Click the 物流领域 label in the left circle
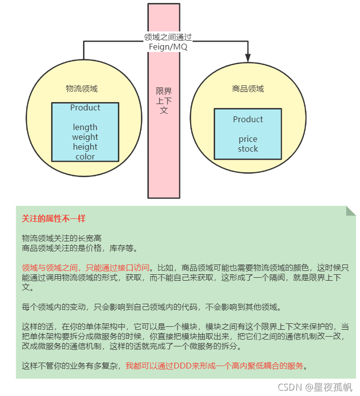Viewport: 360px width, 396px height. [82, 89]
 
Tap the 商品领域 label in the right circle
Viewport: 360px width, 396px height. [248, 89]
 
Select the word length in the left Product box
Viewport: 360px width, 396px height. [85, 128]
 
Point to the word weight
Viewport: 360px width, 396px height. [85, 137]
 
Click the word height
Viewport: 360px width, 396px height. [85, 147]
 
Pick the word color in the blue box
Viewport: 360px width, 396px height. [85, 157]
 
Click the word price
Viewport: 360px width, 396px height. [248, 139]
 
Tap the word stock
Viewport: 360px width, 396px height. [248, 149]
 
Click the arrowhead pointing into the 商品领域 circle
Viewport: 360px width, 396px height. [248, 58]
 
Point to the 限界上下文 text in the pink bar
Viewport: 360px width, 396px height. [164, 101]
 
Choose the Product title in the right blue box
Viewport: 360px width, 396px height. [248, 119]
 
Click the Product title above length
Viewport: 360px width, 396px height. [85, 108]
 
